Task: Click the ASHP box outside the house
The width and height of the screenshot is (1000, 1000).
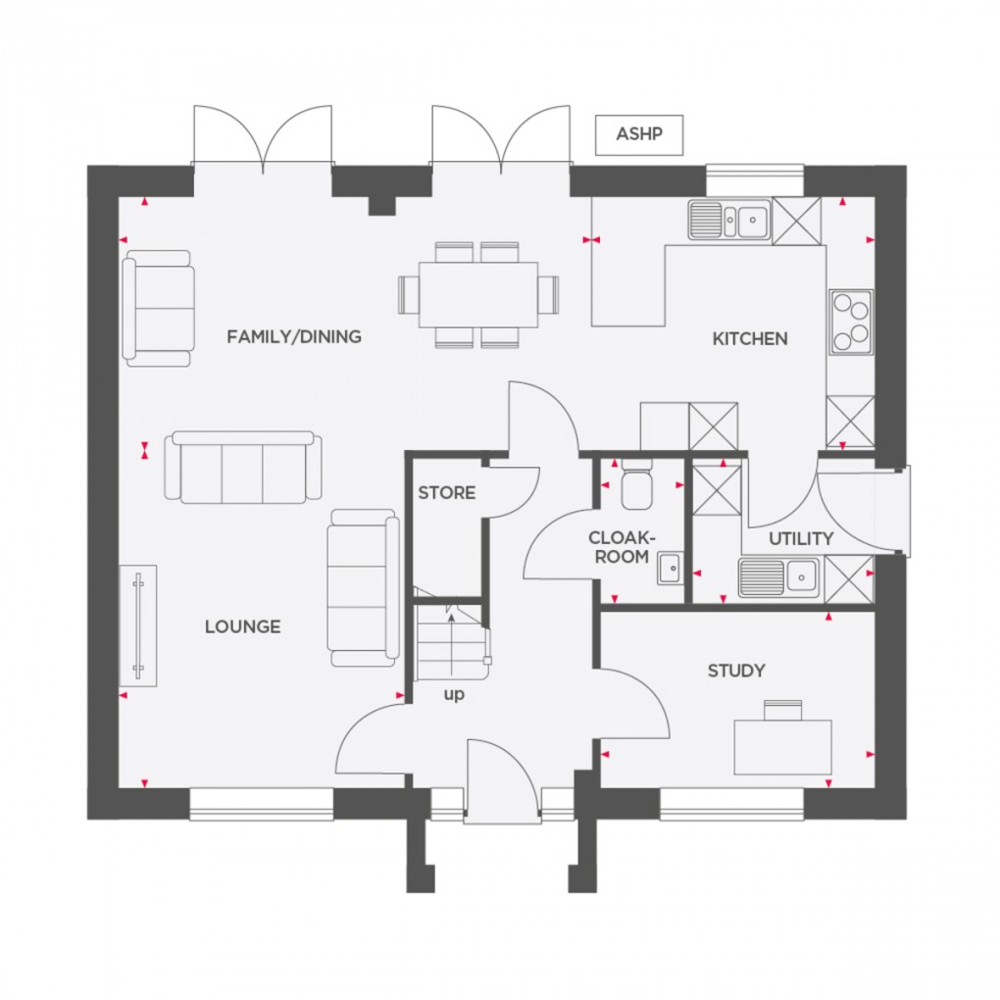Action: (638, 134)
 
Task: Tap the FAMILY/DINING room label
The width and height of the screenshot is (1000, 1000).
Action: (294, 337)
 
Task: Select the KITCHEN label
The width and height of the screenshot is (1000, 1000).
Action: (750, 339)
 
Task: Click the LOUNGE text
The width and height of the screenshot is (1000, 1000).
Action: (242, 626)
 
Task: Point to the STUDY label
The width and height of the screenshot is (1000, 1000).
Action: (736, 672)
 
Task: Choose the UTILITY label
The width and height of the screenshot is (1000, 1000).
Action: (801, 538)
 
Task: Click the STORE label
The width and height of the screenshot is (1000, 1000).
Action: (446, 493)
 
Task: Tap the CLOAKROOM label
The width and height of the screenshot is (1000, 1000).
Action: (620, 547)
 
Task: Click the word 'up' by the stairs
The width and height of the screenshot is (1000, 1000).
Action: (454, 695)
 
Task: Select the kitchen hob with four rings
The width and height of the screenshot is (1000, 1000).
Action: (850, 322)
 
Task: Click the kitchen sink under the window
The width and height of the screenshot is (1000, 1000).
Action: (728, 220)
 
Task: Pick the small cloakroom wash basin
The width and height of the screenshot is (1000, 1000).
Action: (672, 568)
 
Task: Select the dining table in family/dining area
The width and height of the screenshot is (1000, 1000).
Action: (478, 294)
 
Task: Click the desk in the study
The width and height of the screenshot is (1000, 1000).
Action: (782, 745)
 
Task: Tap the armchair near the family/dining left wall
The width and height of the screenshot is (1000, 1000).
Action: (158, 308)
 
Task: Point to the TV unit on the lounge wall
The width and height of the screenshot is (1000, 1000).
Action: (138, 626)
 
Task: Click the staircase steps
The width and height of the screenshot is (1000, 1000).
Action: (451, 643)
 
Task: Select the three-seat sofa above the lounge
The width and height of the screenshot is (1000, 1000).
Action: (243, 467)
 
